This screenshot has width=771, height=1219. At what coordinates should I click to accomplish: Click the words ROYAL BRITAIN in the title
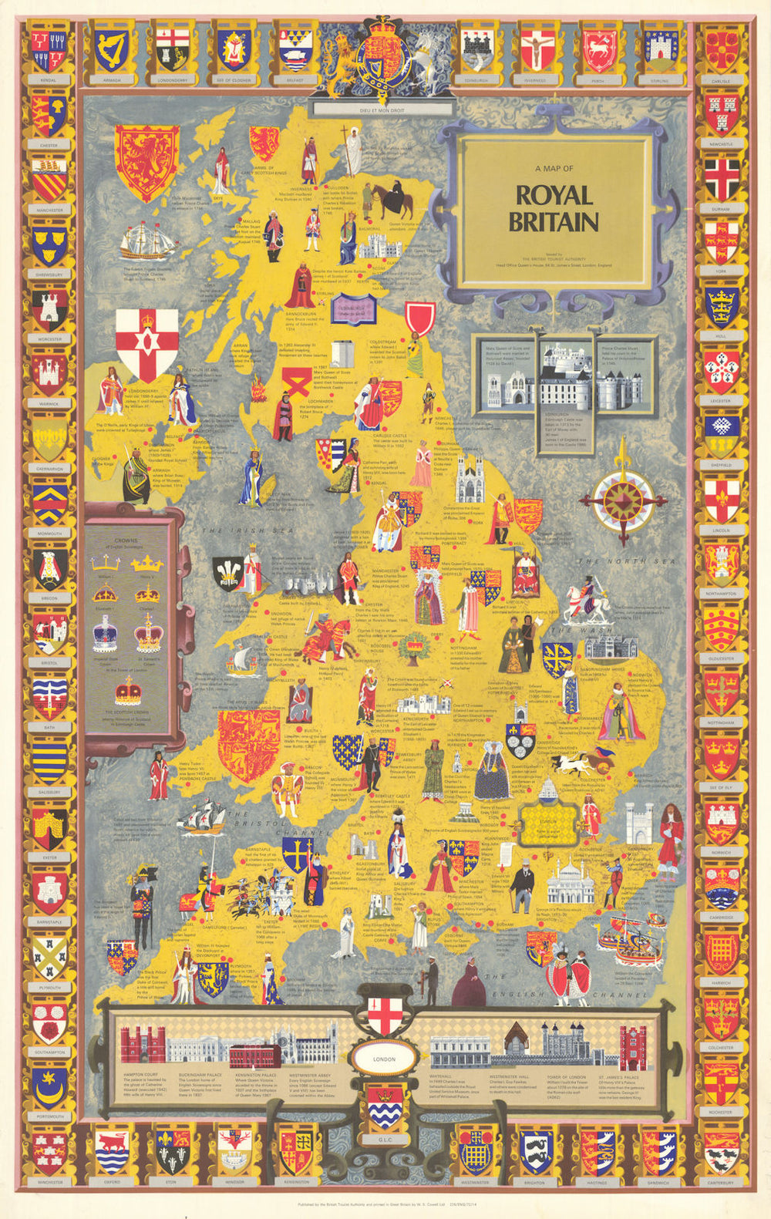click(x=553, y=208)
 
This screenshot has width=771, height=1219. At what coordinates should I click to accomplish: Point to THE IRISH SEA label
click(x=237, y=531)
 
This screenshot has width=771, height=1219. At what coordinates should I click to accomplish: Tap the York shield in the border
click(x=721, y=241)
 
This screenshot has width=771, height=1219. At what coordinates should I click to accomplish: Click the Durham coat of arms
click(x=721, y=177)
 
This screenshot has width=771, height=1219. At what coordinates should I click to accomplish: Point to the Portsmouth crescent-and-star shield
click(x=50, y=1085)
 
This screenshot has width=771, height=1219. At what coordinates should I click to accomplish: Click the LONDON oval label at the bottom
click(x=384, y=1059)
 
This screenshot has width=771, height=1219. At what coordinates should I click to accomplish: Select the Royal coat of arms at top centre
click(x=377, y=58)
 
